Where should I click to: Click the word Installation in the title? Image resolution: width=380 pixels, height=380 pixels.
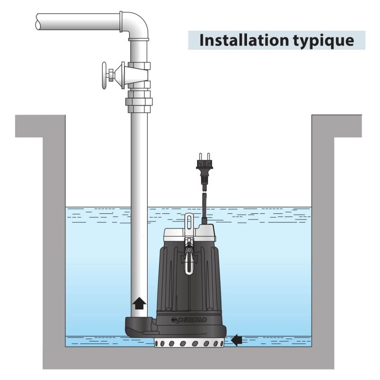[238, 40]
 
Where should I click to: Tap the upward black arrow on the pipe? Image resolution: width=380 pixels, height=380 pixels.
[139, 303]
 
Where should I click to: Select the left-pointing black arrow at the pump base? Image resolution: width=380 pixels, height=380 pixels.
[237, 340]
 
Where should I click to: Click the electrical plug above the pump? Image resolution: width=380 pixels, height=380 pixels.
[204, 169]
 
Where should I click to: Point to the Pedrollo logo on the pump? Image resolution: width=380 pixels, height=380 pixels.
[189, 320]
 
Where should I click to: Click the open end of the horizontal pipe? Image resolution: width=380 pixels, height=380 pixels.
[39, 21]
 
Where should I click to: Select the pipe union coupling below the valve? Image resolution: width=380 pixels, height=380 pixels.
[139, 101]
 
